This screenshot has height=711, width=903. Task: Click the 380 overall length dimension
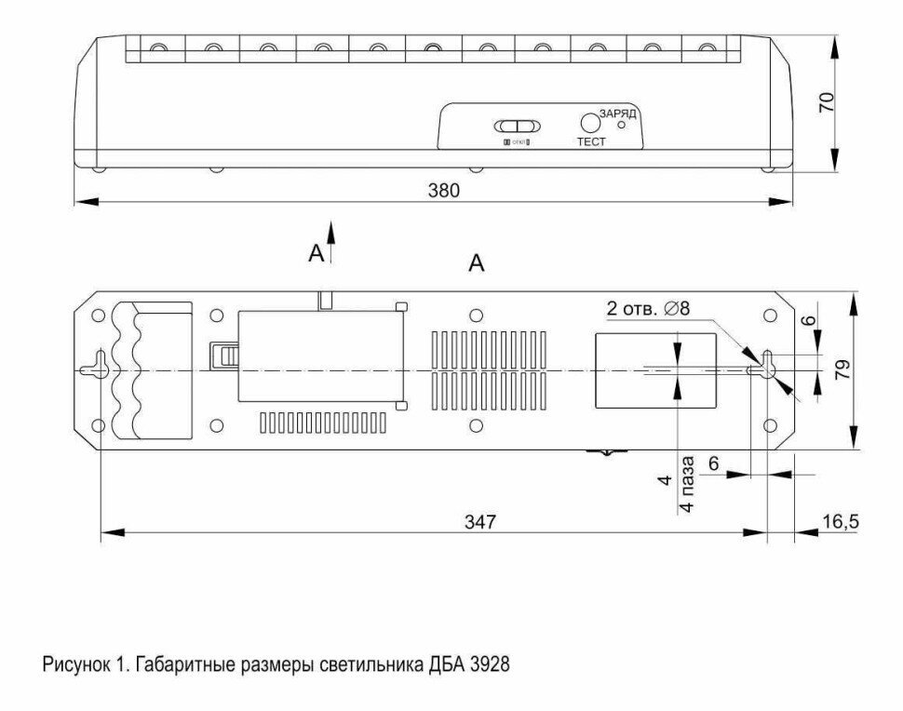click(x=443, y=190)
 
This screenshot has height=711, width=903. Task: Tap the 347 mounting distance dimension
click(x=480, y=521)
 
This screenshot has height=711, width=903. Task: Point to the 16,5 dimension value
click(x=840, y=521)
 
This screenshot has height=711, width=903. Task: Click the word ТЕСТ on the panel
click(x=590, y=142)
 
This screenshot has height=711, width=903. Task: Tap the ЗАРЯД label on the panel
click(x=617, y=112)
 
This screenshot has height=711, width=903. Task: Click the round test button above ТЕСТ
click(x=590, y=123)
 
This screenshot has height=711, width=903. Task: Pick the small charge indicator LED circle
click(x=621, y=124)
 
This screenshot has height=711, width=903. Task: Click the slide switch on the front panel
click(x=516, y=126)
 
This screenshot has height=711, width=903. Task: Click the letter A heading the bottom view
click(x=477, y=264)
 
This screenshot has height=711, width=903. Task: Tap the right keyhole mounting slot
click(x=767, y=363)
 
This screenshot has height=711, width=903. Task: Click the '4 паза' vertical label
click(x=685, y=483)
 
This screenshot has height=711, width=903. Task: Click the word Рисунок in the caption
click(x=71, y=666)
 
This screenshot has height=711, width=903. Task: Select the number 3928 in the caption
click(x=490, y=666)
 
